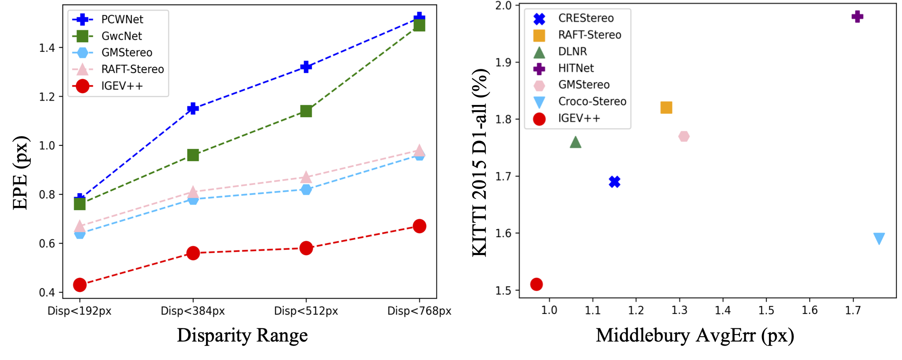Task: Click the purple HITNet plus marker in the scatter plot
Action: (x=857, y=17)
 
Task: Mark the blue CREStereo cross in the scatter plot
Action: (x=614, y=182)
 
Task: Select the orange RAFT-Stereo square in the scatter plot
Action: (x=666, y=108)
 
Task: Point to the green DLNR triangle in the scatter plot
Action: (x=575, y=142)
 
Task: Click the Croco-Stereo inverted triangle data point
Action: (x=879, y=238)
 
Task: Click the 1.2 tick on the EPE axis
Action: (x=47, y=97)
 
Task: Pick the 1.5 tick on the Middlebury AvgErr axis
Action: (x=766, y=310)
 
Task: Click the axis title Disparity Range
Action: (x=242, y=335)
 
